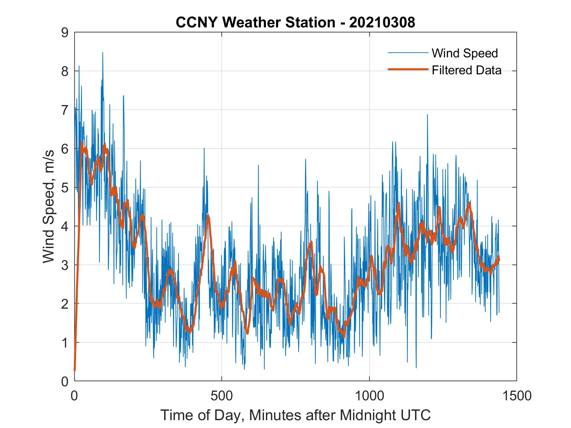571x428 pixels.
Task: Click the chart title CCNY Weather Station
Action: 255,22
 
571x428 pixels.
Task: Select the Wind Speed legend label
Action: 465,53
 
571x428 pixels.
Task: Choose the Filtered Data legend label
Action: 466,70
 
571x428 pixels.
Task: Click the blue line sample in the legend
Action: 408,53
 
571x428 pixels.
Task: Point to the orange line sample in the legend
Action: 408,69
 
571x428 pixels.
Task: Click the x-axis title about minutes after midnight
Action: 295,415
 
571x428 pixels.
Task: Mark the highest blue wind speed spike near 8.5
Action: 102,53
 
